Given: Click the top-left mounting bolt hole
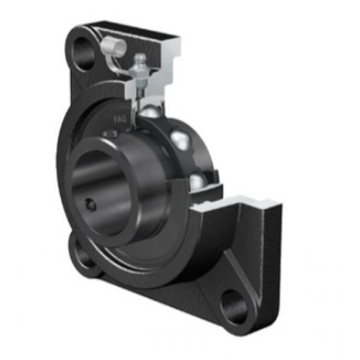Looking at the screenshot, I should [x=83, y=54].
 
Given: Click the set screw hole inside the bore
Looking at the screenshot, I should [x=90, y=205].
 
